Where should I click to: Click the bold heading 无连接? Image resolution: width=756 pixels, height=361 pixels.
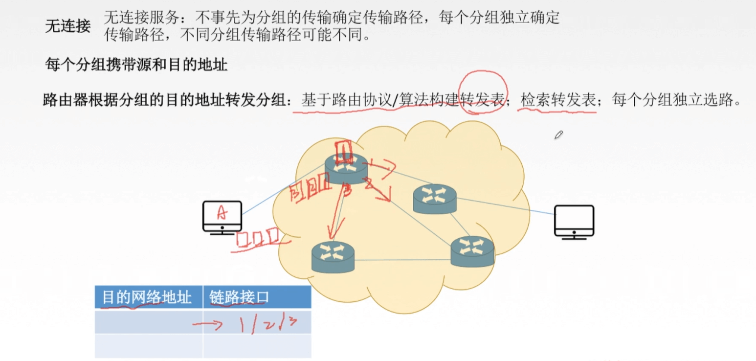(x=67, y=27)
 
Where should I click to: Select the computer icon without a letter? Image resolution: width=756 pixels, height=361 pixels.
(x=574, y=222)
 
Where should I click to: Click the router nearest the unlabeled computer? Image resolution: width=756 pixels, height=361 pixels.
(x=434, y=198)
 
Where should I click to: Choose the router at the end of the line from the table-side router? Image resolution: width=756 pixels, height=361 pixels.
(x=472, y=251)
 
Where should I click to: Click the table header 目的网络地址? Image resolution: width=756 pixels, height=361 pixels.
(x=147, y=297)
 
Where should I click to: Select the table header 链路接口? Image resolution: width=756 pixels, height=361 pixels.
(x=240, y=297)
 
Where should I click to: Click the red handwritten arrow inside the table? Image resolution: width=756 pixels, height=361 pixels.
(x=208, y=324)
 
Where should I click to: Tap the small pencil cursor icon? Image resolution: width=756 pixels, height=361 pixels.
(x=559, y=135)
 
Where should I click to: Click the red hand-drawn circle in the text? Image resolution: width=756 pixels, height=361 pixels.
(x=483, y=91)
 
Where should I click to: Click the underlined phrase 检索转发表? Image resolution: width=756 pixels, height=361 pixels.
(x=558, y=100)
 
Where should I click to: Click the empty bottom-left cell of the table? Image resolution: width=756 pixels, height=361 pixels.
(x=148, y=346)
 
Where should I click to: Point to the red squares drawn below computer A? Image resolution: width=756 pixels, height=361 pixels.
(x=258, y=238)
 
